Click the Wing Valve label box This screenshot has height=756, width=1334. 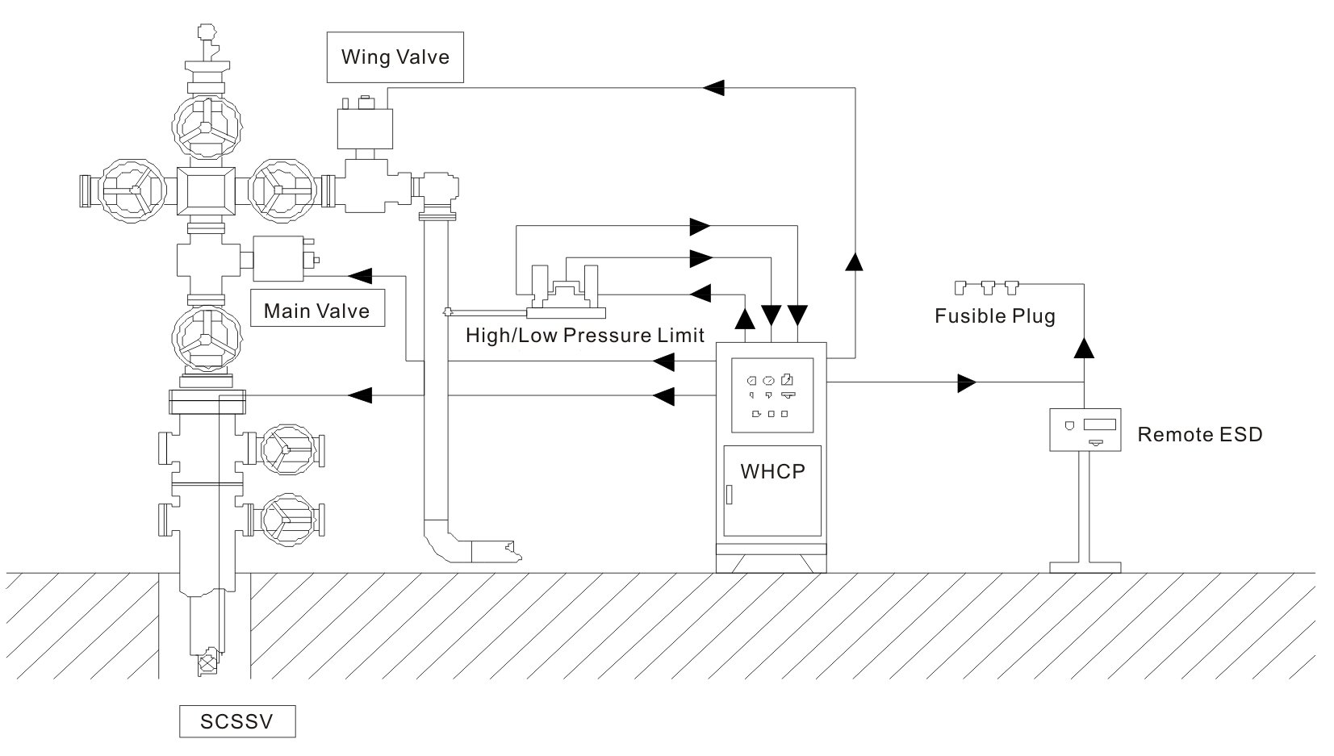(395, 57)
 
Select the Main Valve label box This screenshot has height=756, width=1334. (317, 307)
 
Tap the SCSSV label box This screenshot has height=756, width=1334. (237, 721)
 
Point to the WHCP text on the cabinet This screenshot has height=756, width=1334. (772, 471)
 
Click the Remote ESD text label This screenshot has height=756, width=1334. (1200, 435)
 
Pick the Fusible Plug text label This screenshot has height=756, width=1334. (994, 316)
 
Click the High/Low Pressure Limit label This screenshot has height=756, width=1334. (585, 336)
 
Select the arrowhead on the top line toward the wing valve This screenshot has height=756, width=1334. (713, 88)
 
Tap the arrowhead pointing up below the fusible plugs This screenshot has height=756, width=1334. (1084, 348)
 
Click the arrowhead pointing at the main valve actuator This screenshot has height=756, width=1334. (360, 276)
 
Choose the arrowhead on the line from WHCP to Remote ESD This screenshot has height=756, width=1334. (967, 382)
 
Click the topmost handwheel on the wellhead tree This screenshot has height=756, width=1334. (207, 127)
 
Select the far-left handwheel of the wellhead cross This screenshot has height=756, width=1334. (132, 190)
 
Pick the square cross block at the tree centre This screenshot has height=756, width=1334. (206, 190)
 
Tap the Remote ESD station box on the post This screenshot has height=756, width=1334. (1085, 430)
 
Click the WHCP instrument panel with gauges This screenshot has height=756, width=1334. (772, 395)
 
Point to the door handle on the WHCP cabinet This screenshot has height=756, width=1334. (729, 495)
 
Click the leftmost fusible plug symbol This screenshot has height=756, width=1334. (960, 288)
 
